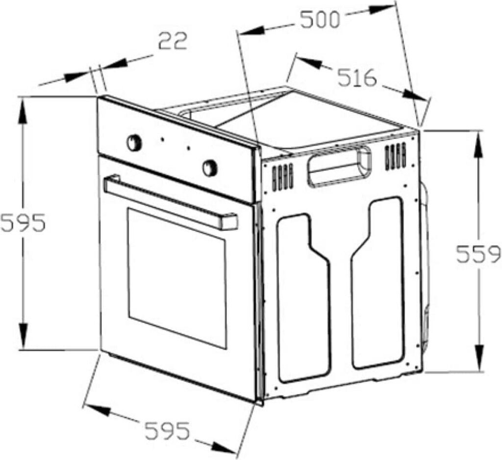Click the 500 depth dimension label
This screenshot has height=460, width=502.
click(320, 20)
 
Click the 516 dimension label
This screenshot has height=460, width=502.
click(357, 78)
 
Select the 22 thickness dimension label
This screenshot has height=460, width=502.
click(173, 41)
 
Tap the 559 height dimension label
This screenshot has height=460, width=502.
click(478, 254)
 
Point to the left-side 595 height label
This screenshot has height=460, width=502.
click(23, 222)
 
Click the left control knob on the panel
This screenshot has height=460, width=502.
click(134, 143)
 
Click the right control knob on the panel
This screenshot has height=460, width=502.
click(210, 168)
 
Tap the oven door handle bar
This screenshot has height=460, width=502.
click(171, 202)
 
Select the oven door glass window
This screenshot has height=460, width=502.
click(176, 278)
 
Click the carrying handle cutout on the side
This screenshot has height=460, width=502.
click(339, 166)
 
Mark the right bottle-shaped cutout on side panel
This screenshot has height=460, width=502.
click(377, 283)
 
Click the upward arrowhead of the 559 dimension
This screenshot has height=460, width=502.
click(479, 144)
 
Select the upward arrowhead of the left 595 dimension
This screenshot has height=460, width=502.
click(23, 111)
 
